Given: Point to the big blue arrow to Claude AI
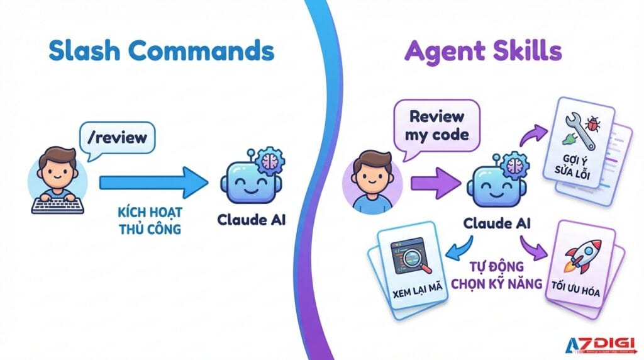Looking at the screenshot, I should click(x=154, y=183).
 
